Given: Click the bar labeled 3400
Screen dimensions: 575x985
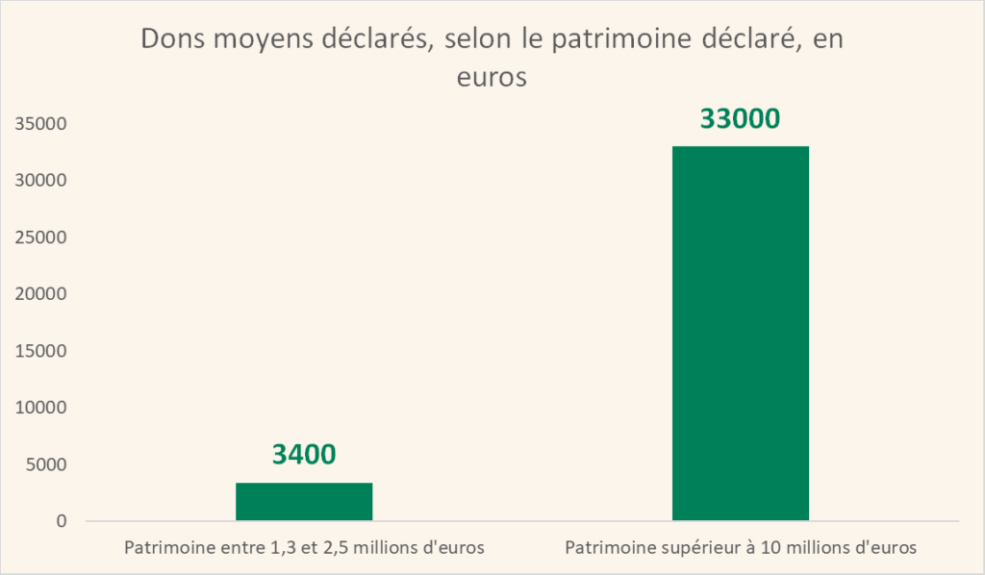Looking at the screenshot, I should click(304, 502).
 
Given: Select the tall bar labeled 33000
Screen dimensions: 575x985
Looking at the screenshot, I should click(740, 333).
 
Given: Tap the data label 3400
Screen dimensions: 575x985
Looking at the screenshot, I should click(304, 454).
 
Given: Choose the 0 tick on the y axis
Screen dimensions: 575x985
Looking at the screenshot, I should click(61, 521).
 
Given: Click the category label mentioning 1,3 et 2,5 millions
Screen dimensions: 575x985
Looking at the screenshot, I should click(303, 548).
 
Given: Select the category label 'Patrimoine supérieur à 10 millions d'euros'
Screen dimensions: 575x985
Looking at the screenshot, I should click(741, 548).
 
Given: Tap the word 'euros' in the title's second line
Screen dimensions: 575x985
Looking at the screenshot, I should click(492, 77).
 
